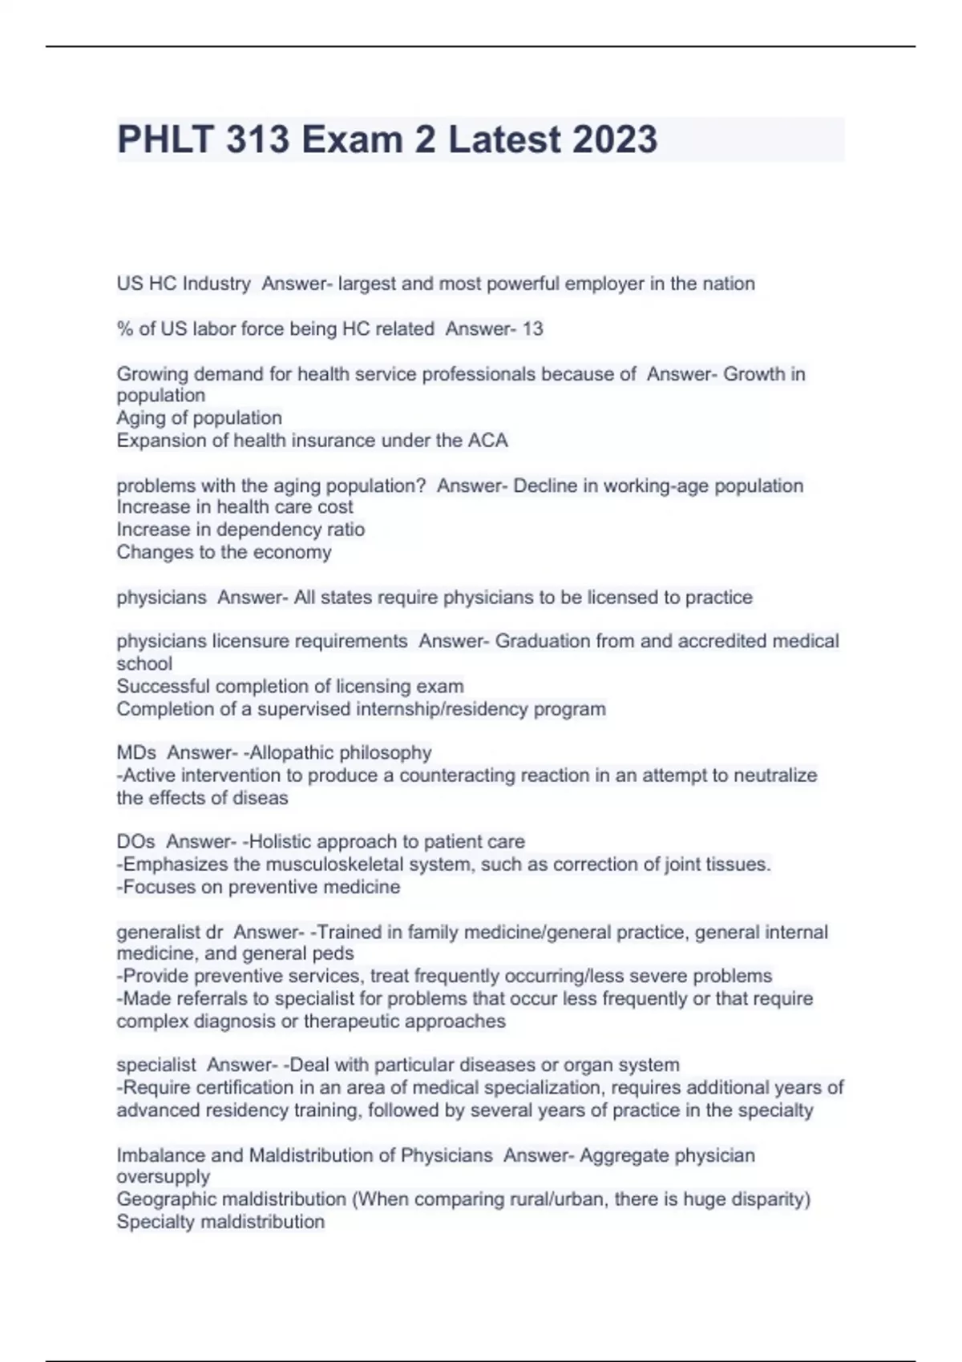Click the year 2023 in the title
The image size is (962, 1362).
coord(615,139)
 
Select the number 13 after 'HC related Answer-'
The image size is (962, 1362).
coord(532,328)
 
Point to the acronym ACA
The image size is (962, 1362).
coord(488,441)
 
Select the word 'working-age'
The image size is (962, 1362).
coord(656,486)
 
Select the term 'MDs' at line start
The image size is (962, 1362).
coord(136,753)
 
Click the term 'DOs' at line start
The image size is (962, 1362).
coord(135,842)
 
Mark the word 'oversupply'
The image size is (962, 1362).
coord(163,1177)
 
